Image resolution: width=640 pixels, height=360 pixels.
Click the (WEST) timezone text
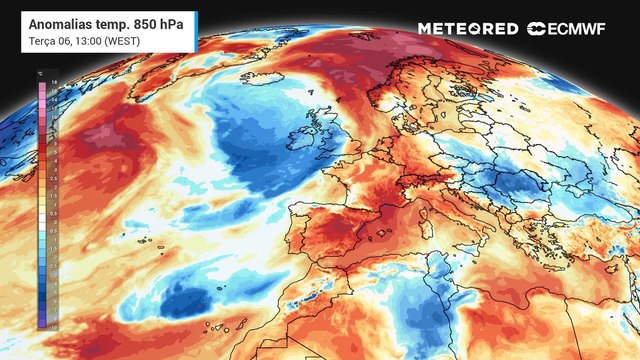click(x=126, y=39)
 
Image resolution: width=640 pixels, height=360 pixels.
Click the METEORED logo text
click(x=468, y=29)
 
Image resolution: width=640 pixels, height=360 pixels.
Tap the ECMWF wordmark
click(x=586, y=29)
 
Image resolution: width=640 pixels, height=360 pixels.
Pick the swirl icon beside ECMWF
click(x=537, y=29)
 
